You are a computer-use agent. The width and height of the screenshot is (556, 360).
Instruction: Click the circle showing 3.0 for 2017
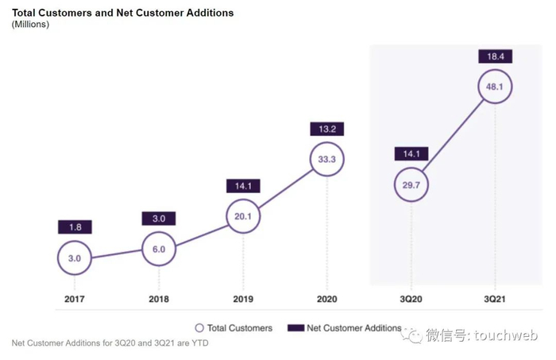click(x=75, y=257)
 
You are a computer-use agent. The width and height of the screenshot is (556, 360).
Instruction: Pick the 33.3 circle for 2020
click(x=327, y=158)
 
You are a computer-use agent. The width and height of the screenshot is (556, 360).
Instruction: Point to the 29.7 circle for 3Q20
click(x=411, y=185)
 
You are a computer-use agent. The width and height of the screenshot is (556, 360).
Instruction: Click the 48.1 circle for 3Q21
click(x=495, y=87)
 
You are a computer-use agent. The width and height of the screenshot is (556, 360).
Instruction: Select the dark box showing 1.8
click(x=75, y=226)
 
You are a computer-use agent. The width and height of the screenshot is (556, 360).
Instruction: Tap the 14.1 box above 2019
click(x=242, y=186)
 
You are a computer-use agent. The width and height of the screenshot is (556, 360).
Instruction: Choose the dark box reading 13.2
click(x=327, y=129)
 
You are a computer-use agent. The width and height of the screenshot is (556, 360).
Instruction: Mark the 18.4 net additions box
click(x=495, y=56)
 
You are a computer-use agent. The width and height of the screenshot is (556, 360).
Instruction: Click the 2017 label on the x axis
click(x=75, y=299)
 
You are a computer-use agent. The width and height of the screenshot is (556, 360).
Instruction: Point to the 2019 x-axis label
click(x=242, y=299)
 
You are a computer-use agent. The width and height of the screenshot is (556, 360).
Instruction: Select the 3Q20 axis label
click(x=411, y=299)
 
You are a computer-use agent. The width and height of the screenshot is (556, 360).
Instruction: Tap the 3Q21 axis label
click(x=495, y=299)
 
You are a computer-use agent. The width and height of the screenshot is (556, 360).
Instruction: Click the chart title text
click(x=122, y=13)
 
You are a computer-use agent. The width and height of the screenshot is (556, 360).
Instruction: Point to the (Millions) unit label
click(x=30, y=25)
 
